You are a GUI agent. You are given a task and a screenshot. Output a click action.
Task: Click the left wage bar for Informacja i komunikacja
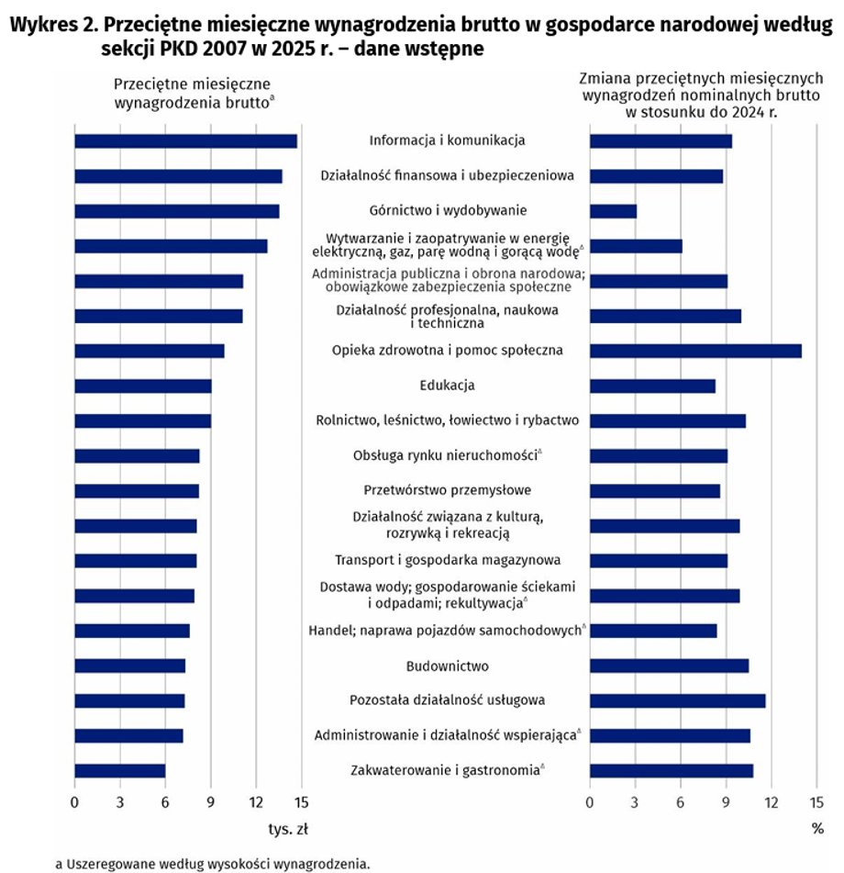pyautogui.click(x=186, y=141)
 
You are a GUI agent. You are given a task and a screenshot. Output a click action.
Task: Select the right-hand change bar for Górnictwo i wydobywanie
pyautogui.click(x=613, y=211)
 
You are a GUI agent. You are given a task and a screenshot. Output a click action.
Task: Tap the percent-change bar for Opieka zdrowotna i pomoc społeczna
pyautogui.click(x=696, y=352)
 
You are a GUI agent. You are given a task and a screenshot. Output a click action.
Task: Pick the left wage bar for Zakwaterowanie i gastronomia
pyautogui.click(x=120, y=771)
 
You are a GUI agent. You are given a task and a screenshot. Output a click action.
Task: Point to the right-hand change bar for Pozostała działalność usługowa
pyautogui.click(x=678, y=701)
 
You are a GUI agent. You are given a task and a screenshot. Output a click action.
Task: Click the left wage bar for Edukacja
pyautogui.click(x=143, y=386)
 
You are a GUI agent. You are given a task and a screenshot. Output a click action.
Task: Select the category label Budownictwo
pyautogui.click(x=448, y=666)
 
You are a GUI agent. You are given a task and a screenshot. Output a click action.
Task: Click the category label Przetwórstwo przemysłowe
pyautogui.click(x=448, y=490)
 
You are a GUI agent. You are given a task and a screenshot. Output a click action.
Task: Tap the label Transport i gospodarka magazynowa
pyautogui.click(x=448, y=560)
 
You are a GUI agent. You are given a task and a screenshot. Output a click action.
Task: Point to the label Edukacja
pyautogui.click(x=448, y=386)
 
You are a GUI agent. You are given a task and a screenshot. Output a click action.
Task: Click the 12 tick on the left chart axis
pyautogui.click(x=256, y=802)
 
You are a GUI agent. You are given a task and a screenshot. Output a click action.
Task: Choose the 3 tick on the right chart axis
pyautogui.click(x=635, y=802)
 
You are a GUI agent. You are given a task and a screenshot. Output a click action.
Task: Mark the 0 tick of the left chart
pyautogui.click(x=74, y=802)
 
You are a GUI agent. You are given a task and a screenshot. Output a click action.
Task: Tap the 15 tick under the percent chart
pyautogui.click(x=816, y=802)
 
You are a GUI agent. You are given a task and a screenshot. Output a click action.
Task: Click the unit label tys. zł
pyautogui.click(x=288, y=830)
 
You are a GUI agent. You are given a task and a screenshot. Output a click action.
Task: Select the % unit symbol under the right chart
pyautogui.click(x=817, y=829)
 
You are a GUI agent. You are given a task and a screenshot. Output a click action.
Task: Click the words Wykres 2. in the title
pyautogui.click(x=54, y=25)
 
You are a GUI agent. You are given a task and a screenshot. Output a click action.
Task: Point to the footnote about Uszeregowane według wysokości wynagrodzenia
pyautogui.click(x=213, y=864)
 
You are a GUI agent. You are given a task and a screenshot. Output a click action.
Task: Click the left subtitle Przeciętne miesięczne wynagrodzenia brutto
pyautogui.click(x=193, y=94)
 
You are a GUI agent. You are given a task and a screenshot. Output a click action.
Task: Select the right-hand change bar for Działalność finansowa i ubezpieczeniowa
pyautogui.click(x=657, y=176)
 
